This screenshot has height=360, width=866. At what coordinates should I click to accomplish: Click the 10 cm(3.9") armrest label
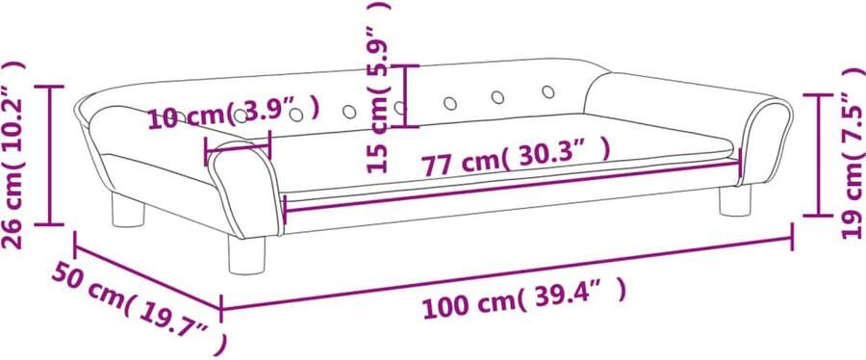click(x=231, y=116)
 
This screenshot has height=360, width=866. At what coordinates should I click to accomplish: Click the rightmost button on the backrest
click(x=548, y=92)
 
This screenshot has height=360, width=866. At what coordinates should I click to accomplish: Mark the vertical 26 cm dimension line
click(x=52, y=154)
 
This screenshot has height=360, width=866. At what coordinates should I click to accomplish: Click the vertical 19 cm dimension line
click(x=818, y=154)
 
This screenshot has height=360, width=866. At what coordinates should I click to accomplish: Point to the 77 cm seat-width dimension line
click(x=510, y=188)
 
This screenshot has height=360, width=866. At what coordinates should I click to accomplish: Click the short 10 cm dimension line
click(x=238, y=145)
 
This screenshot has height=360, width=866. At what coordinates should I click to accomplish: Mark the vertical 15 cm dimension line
click(x=407, y=95)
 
